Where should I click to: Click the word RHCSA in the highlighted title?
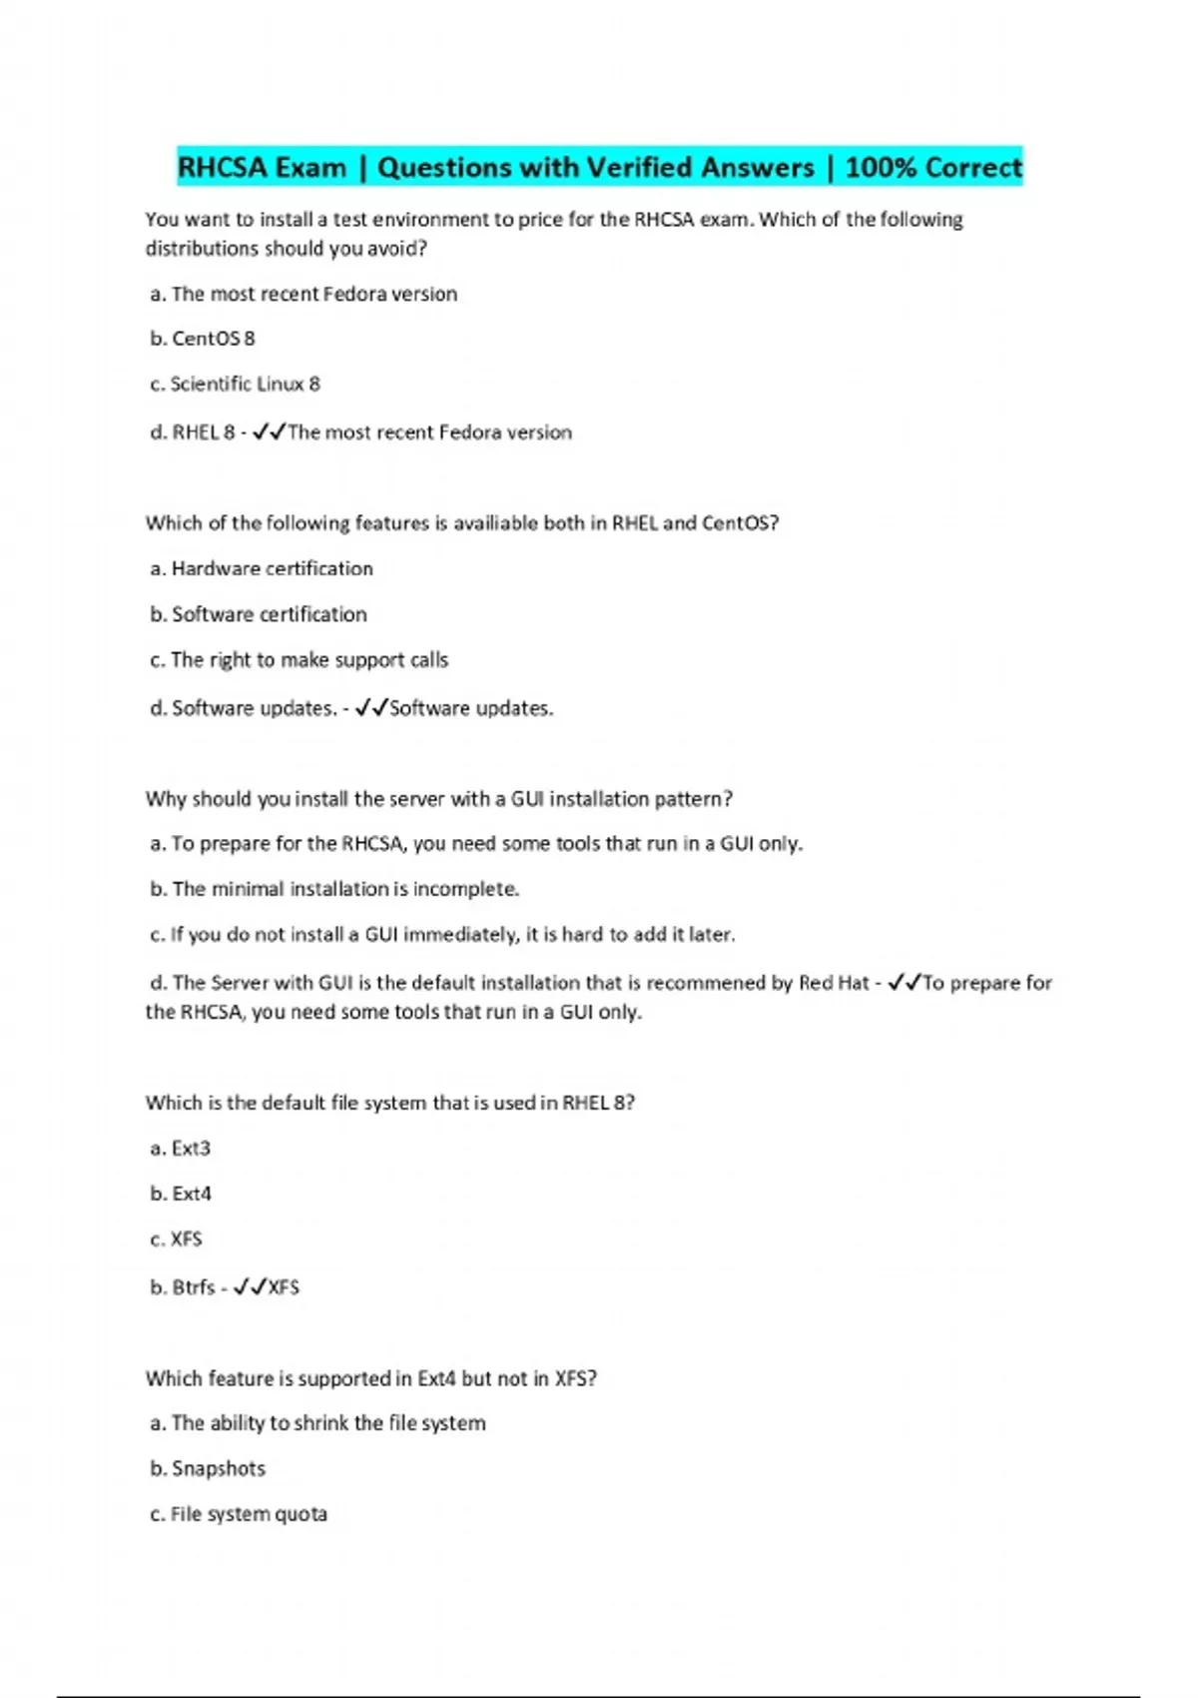(222, 167)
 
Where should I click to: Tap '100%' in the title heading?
(880, 167)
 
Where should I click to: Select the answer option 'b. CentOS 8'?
(203, 339)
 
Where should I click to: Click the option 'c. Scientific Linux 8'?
(235, 385)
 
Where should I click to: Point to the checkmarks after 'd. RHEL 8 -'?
(269, 432)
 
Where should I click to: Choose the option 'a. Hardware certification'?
(262, 568)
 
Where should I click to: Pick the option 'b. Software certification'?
(259, 614)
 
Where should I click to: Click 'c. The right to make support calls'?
(299, 660)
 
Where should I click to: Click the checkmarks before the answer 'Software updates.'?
(371, 708)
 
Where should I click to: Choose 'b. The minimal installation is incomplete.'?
(334, 889)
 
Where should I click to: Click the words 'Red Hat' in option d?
(834, 983)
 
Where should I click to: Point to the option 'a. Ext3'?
(181, 1149)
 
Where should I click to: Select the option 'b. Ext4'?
(181, 1194)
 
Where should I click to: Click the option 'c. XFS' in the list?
(177, 1240)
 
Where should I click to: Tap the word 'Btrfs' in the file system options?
(194, 1287)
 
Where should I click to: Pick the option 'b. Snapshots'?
(208, 1468)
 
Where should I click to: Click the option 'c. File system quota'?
(239, 1514)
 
